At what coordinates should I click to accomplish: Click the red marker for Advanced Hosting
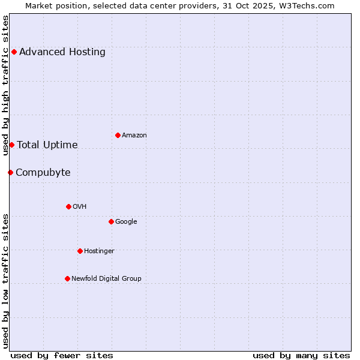click(x=14, y=52)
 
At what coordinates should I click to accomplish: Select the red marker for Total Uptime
click(x=11, y=145)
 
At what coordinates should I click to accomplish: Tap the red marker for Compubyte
click(x=10, y=172)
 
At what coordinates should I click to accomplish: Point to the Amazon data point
click(x=118, y=135)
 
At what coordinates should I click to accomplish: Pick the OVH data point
click(x=68, y=206)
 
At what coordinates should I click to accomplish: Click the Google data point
click(x=111, y=221)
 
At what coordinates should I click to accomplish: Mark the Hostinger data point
click(x=80, y=251)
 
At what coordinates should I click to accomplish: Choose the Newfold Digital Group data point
click(x=67, y=278)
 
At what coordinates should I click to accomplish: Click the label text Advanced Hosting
click(x=62, y=52)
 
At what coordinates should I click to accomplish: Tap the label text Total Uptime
click(x=47, y=145)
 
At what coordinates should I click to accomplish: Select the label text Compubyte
click(x=43, y=173)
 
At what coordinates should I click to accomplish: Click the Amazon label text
click(x=134, y=136)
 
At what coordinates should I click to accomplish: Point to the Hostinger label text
click(x=99, y=251)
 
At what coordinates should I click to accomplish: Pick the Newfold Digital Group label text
click(x=106, y=278)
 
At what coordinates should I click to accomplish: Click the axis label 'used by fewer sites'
click(x=62, y=355)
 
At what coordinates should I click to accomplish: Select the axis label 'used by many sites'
click(x=301, y=355)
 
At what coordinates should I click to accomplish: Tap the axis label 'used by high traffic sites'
click(x=6, y=85)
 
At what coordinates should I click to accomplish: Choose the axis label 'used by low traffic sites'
click(x=6, y=280)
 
